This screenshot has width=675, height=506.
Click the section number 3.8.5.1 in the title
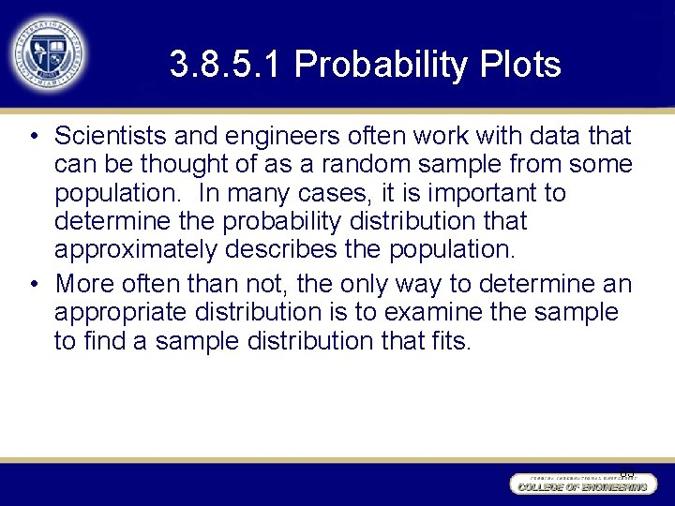point(226,65)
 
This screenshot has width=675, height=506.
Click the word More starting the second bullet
point(82,282)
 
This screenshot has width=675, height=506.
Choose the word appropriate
point(117,310)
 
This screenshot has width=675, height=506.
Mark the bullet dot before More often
point(34,284)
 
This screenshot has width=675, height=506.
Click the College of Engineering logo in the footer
point(580,484)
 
